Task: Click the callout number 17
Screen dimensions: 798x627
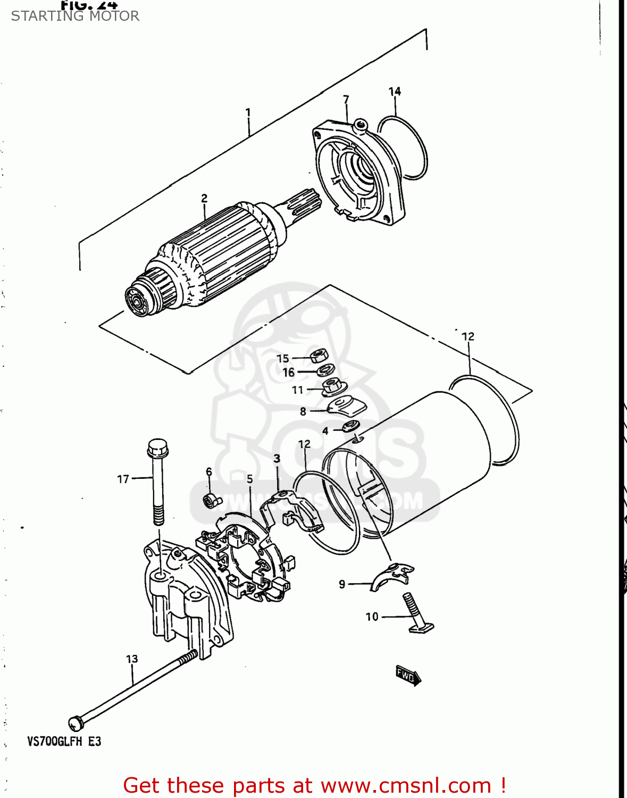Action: [123, 479]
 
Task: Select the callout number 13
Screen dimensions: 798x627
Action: [132, 659]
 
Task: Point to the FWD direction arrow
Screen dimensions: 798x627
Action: [408, 675]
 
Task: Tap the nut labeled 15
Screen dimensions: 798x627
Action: [318, 355]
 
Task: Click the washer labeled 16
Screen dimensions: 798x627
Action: [325, 370]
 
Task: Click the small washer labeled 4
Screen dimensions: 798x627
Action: [350, 426]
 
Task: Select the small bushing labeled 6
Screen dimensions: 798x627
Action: [211, 500]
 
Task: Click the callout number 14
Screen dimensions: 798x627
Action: [395, 92]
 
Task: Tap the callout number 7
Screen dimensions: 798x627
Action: [346, 99]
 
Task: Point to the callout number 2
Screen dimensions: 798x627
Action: [204, 198]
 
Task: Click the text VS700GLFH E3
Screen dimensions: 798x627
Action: [64, 741]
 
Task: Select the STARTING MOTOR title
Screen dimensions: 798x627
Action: [75, 16]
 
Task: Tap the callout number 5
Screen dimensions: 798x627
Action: [249, 479]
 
